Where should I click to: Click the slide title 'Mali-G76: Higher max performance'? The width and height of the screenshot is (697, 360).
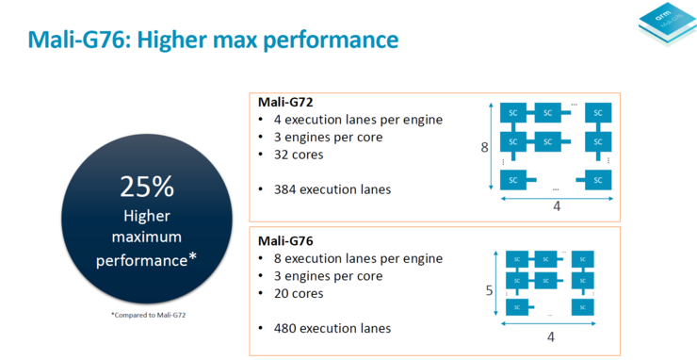click(x=213, y=40)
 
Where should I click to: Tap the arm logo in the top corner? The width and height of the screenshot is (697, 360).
click(x=665, y=27)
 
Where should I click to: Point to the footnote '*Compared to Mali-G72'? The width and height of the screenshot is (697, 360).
click(x=147, y=314)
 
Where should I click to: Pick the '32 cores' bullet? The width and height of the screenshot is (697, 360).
click(x=299, y=155)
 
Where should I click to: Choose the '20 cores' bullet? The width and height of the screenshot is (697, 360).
click(x=299, y=293)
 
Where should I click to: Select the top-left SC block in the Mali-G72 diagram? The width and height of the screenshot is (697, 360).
click(x=513, y=113)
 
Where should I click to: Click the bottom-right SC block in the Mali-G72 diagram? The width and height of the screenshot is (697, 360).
click(x=597, y=178)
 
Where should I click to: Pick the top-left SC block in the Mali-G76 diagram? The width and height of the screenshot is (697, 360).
click(x=515, y=258)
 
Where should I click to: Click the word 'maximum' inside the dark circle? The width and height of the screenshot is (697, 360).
click(x=147, y=236)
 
